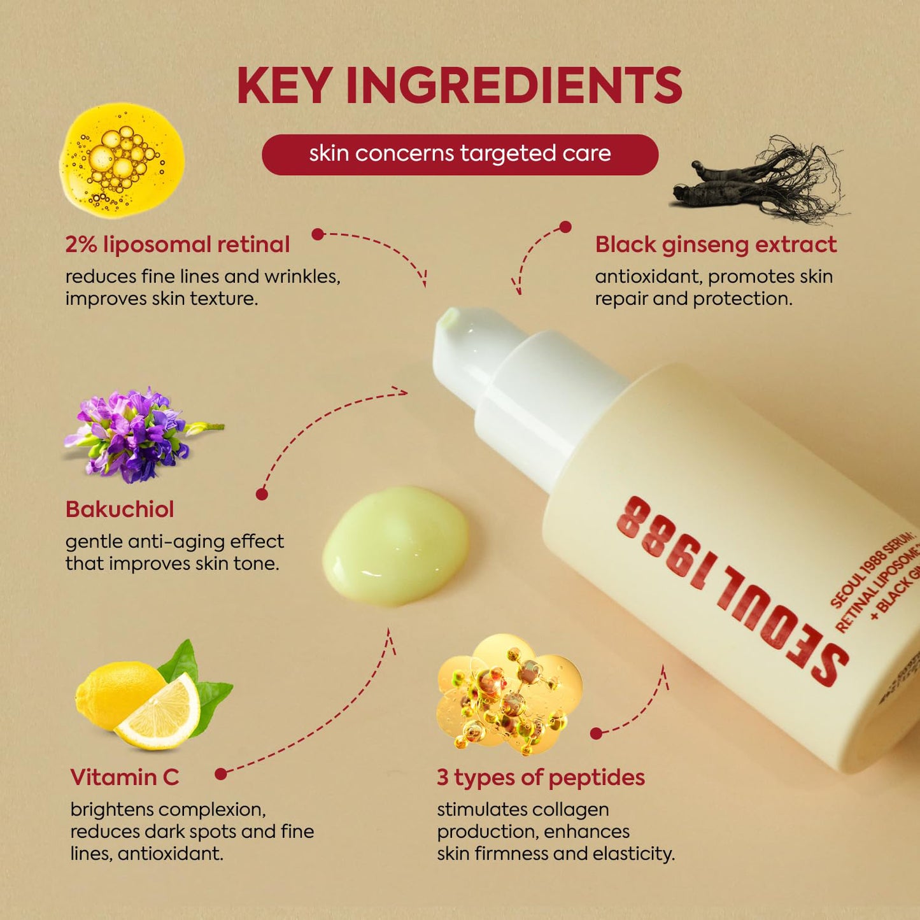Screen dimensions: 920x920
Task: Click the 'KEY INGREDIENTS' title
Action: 459,85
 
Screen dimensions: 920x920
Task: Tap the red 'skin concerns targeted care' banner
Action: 460,154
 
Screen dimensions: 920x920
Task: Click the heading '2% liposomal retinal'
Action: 177,244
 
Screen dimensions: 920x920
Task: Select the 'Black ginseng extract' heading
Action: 716,244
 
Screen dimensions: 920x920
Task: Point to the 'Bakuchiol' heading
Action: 120,509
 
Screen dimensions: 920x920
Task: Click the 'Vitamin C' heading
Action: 125,777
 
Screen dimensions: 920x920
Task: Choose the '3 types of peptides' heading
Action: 541,777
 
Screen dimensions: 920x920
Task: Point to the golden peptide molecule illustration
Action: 509,694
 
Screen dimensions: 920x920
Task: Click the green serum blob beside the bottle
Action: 396,545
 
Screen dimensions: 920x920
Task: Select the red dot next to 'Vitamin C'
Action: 221,774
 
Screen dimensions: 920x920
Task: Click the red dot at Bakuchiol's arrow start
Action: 262,494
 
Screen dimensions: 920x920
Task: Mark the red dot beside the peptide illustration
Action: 596,733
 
